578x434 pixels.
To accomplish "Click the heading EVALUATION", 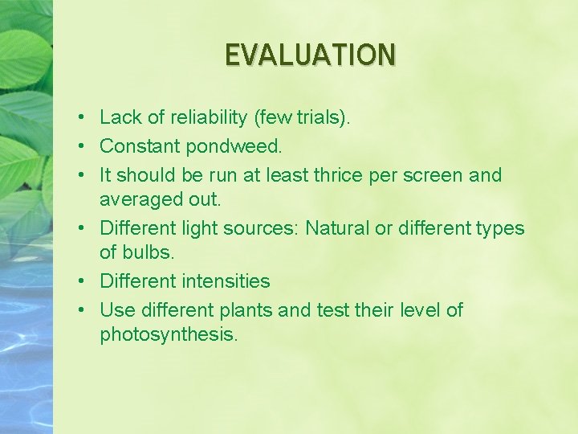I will [310, 54].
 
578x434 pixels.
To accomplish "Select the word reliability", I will [210, 118].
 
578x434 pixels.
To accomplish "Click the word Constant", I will [140, 147].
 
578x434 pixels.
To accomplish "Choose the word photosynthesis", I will [169, 334].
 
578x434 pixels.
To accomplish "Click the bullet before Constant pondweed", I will [83, 147].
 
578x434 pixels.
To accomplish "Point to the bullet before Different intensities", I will [83, 281].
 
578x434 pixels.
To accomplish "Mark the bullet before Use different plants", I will [83, 310].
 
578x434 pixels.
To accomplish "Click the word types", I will [499, 228].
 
